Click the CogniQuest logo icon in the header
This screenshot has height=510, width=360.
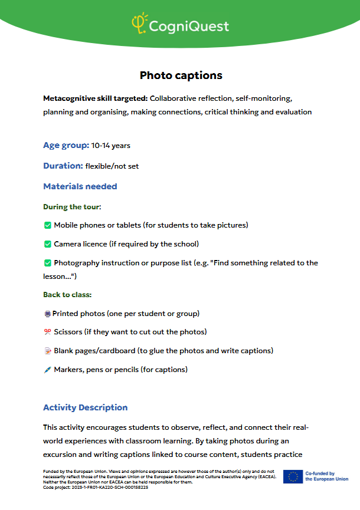(139, 24)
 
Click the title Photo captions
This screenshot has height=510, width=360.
(181, 75)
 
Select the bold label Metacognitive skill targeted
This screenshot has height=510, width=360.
(95, 98)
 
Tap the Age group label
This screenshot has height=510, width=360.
(66, 145)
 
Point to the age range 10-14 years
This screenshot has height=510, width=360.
(111, 146)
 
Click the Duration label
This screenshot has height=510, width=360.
(63, 166)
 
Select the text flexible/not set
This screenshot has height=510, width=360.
(112, 166)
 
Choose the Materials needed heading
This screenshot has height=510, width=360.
(80, 186)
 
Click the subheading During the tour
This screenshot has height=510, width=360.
(72, 207)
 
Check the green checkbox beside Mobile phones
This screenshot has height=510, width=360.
(47, 225)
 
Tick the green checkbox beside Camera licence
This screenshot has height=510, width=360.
(47, 244)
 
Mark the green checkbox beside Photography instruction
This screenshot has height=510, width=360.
(47, 263)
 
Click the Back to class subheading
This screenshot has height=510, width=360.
(67, 294)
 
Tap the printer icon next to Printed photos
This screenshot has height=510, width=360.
(47, 314)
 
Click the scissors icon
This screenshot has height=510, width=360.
(47, 332)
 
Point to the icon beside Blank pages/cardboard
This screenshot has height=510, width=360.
(47, 351)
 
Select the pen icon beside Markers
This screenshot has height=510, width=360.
(47, 370)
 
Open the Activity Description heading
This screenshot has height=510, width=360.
(85, 407)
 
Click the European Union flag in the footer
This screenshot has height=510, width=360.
(292, 476)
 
